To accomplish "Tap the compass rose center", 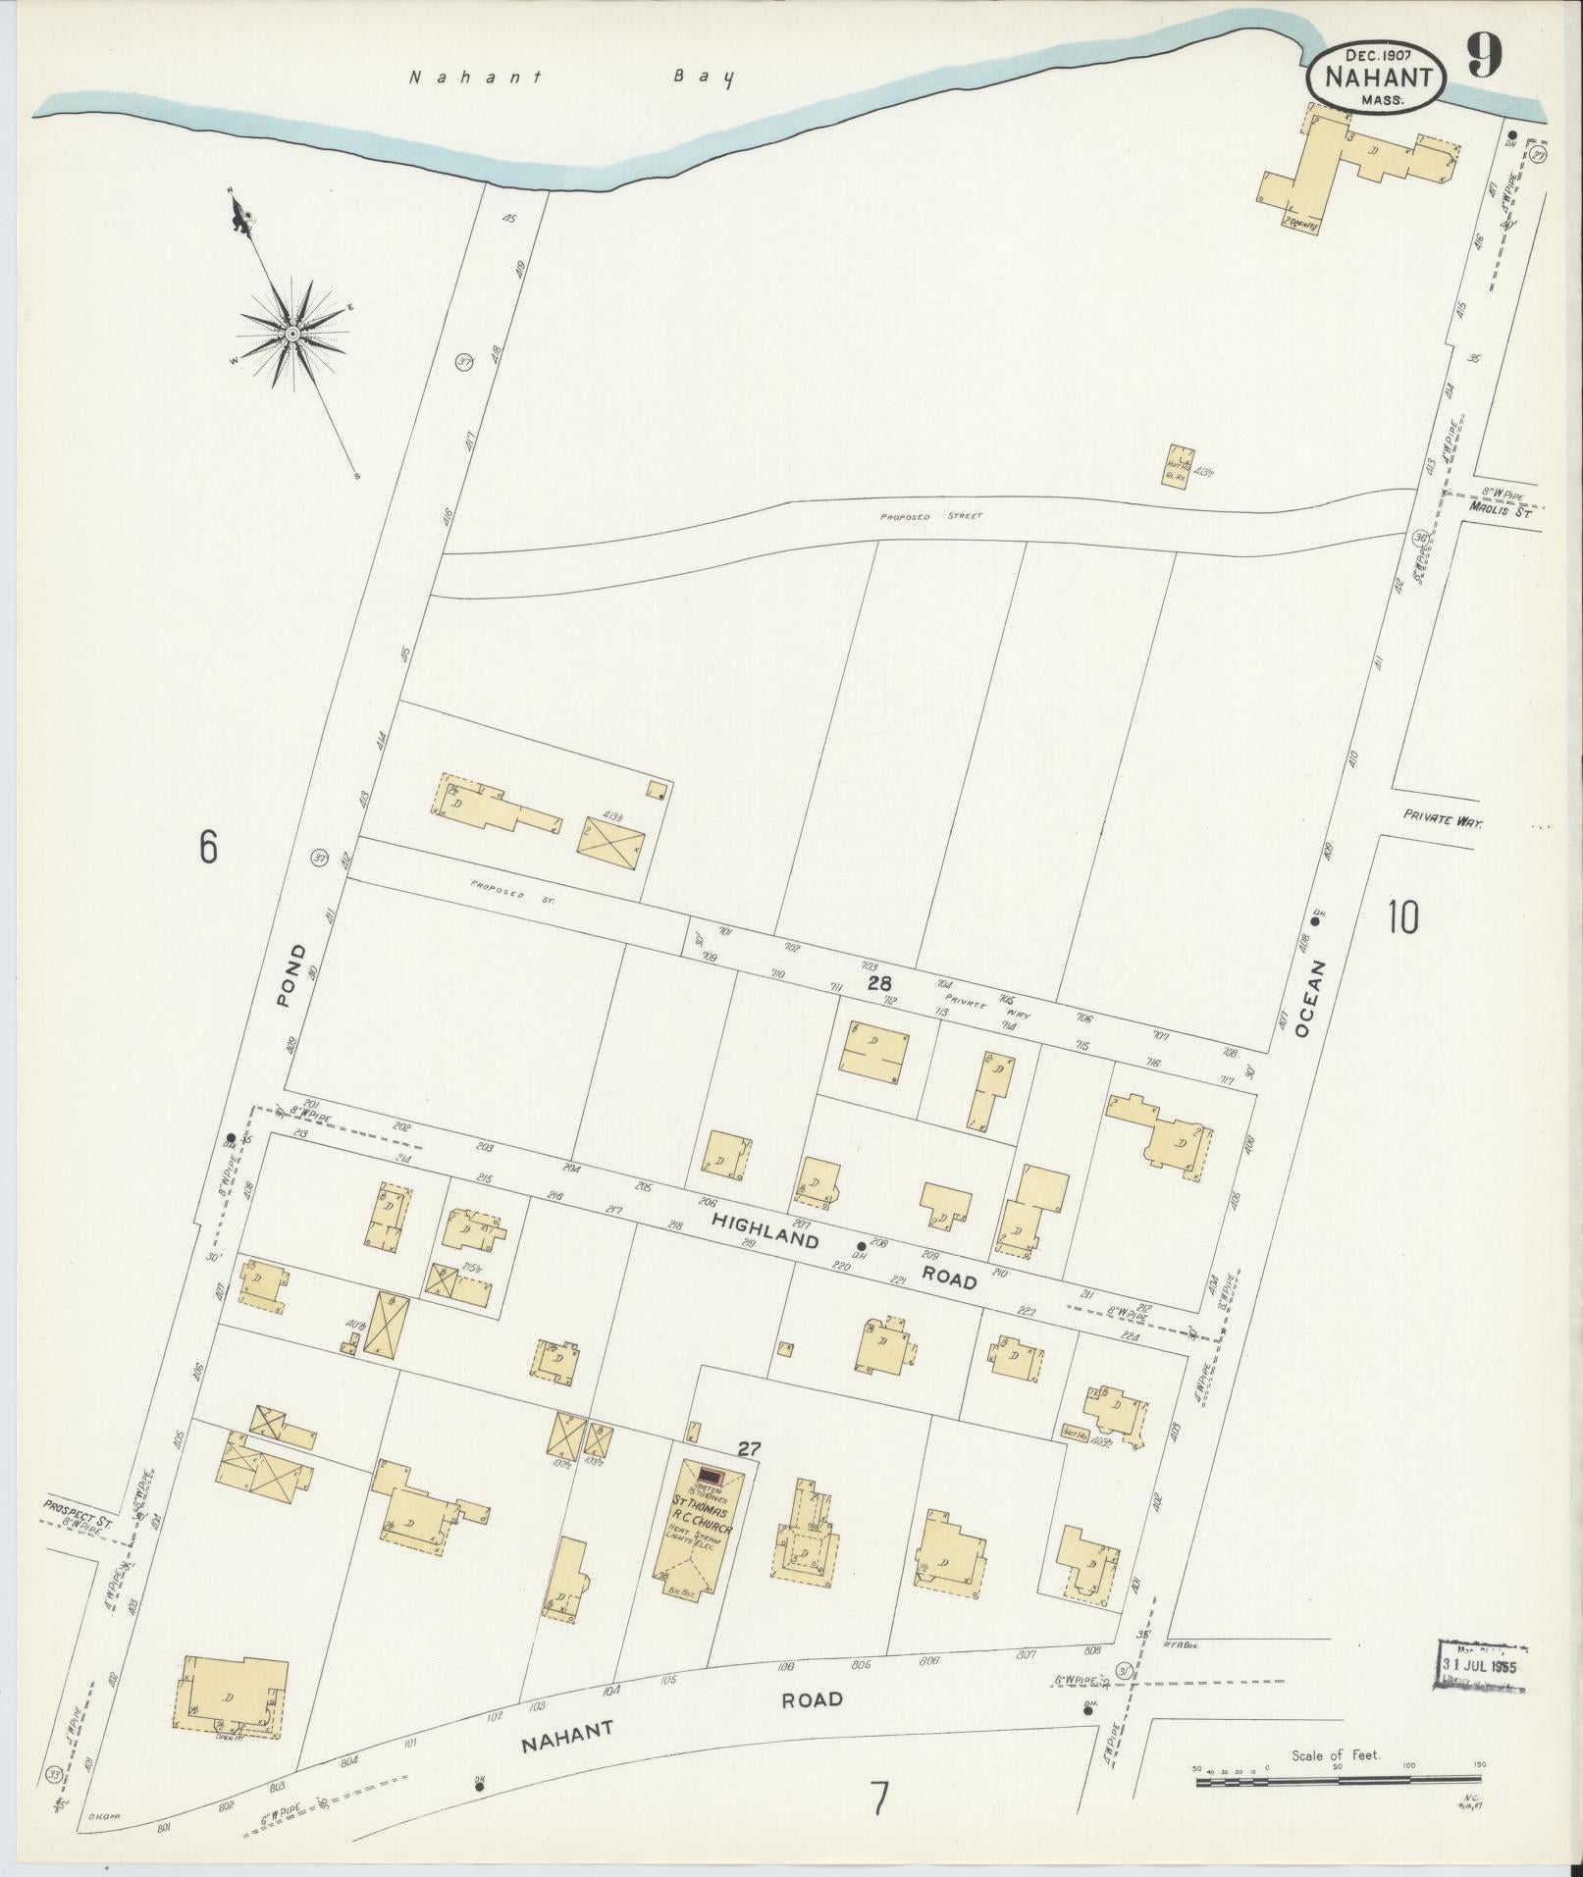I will pyautogui.click(x=292, y=335).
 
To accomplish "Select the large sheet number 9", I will pyautogui.click(x=1484, y=57).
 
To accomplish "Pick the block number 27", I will pyautogui.click(x=751, y=1447).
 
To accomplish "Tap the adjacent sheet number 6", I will pyautogui.click(x=207, y=847).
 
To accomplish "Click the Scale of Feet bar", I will pyautogui.click(x=1340, y=1780).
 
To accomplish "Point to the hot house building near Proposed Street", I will pyautogui.click(x=1180, y=469).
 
